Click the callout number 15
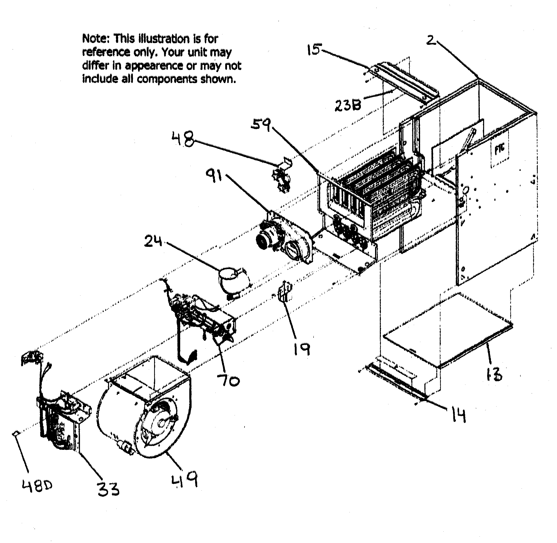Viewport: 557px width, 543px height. (x=314, y=50)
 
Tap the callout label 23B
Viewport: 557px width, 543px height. (x=348, y=105)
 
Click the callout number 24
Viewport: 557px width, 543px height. (x=153, y=241)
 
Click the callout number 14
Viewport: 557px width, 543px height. (x=458, y=415)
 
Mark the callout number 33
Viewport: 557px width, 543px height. (x=108, y=489)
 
